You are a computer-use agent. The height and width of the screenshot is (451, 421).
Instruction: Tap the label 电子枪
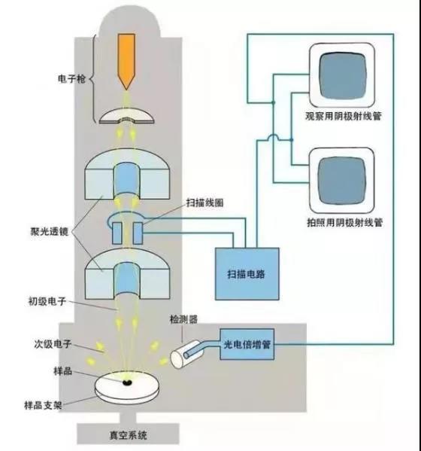[71, 78]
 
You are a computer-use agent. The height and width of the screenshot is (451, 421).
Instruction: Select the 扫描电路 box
[247, 274]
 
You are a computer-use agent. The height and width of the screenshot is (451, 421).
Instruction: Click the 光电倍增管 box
[247, 344]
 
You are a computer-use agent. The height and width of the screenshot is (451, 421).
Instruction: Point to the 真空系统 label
[128, 435]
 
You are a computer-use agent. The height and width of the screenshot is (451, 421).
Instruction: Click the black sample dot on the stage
[126, 382]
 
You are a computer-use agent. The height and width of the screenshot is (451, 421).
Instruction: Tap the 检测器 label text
[183, 319]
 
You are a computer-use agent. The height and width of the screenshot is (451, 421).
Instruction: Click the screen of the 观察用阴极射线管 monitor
[342, 75]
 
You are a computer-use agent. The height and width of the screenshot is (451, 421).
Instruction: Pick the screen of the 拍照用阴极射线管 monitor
[342, 181]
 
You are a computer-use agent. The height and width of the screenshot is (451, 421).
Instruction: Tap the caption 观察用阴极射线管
[343, 116]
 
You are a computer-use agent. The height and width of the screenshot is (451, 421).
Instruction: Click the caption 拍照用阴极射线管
[344, 222]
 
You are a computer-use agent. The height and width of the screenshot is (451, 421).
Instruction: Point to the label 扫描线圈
[204, 203]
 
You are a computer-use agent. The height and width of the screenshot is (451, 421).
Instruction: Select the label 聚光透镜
[50, 231]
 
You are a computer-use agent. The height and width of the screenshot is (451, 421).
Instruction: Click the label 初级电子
[47, 301]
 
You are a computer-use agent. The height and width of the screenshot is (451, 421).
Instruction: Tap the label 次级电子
[53, 344]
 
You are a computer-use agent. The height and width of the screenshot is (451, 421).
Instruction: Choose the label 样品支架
[43, 406]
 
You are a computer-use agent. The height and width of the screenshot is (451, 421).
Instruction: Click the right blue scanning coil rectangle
[138, 233]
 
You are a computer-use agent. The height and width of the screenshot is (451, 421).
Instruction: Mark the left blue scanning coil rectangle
[117, 233]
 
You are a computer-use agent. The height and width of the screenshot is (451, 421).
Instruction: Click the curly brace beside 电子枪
[93, 78]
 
